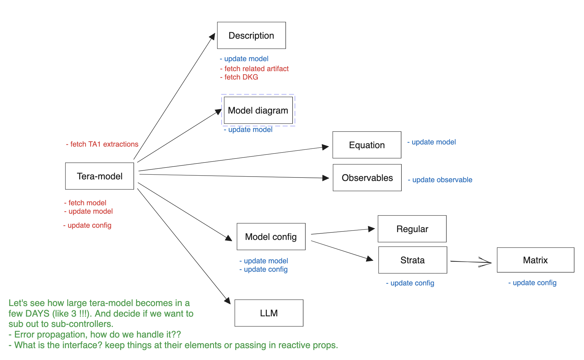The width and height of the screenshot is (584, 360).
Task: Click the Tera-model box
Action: [100, 176]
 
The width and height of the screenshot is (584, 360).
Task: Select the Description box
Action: [251, 36]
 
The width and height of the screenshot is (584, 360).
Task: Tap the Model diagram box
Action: [258, 110]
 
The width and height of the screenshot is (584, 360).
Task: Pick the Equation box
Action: [367, 145]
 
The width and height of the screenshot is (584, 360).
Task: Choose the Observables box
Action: [367, 178]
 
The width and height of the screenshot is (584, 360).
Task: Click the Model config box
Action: [271, 236]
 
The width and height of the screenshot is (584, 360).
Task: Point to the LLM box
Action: [269, 313]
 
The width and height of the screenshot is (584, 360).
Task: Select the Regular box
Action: [412, 229]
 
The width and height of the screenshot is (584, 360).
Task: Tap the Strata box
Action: [412, 260]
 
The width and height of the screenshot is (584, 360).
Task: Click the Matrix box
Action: [535, 260]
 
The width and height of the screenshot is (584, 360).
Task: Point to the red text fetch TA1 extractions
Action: [102, 144]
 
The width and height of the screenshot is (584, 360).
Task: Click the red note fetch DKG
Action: [239, 77]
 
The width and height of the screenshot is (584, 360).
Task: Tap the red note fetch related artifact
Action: [255, 69]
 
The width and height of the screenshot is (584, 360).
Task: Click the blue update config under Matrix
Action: [533, 283]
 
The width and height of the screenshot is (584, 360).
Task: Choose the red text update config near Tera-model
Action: [87, 225]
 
